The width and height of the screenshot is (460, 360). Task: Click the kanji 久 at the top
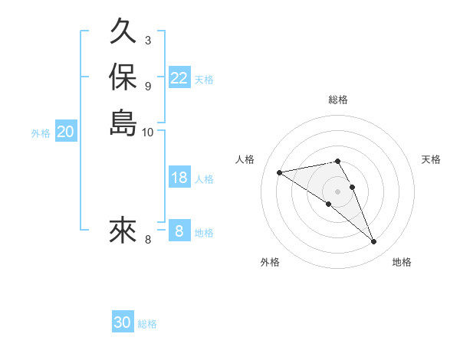click(123, 32)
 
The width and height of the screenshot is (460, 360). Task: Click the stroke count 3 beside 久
click(147, 40)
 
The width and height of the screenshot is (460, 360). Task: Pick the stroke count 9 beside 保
click(147, 85)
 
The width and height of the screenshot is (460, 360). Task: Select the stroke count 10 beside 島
click(148, 131)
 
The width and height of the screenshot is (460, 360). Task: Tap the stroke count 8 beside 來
click(148, 240)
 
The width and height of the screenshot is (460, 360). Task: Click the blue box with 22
click(179, 78)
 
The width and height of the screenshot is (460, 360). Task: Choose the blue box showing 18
click(179, 178)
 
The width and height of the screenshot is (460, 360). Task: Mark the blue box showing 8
click(179, 231)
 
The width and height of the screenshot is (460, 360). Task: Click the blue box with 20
click(66, 133)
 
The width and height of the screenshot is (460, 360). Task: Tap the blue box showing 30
click(123, 322)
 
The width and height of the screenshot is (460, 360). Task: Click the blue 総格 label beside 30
click(147, 324)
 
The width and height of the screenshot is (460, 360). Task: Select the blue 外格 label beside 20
click(41, 133)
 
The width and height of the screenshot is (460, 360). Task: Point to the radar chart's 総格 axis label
click(338, 100)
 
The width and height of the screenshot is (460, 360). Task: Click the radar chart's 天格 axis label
click(432, 159)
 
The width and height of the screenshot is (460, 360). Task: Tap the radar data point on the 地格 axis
click(374, 242)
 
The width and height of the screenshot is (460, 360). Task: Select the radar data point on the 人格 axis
click(280, 172)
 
